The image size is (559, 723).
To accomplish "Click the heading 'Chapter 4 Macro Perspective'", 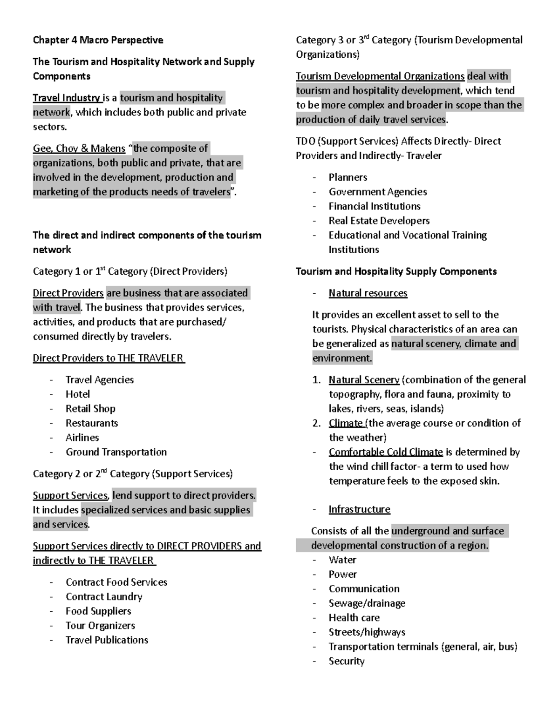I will click(x=98, y=40).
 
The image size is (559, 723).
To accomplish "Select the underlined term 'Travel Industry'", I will click(x=67, y=98).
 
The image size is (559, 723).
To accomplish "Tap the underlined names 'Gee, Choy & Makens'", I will click(x=79, y=149).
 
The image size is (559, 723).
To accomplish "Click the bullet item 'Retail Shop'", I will click(x=90, y=409).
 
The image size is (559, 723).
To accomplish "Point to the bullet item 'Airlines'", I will click(x=82, y=438).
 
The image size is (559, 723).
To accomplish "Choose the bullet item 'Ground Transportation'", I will click(x=116, y=452).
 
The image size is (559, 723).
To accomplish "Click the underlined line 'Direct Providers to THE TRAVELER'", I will click(x=109, y=358).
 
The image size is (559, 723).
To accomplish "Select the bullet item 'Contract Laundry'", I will click(x=104, y=597).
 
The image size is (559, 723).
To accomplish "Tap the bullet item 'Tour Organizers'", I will click(x=100, y=626).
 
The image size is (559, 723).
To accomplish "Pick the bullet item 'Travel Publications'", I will click(x=107, y=640).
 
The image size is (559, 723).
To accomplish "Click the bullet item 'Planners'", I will click(x=348, y=177).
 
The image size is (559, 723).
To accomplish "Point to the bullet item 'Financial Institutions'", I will click(x=375, y=206).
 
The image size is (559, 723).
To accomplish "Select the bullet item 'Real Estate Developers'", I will click(x=379, y=221).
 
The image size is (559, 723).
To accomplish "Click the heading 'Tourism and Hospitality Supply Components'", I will click(x=396, y=271).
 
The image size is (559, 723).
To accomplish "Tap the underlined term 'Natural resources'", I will click(x=368, y=293).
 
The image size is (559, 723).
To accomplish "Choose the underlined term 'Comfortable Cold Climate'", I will click(x=385, y=452).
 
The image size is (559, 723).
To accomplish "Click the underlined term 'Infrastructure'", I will click(x=359, y=509).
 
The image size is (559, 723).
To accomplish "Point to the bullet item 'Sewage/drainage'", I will click(x=367, y=603).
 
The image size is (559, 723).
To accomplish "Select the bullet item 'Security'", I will click(x=346, y=661).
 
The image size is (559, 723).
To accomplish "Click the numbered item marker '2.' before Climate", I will click(x=317, y=423).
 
